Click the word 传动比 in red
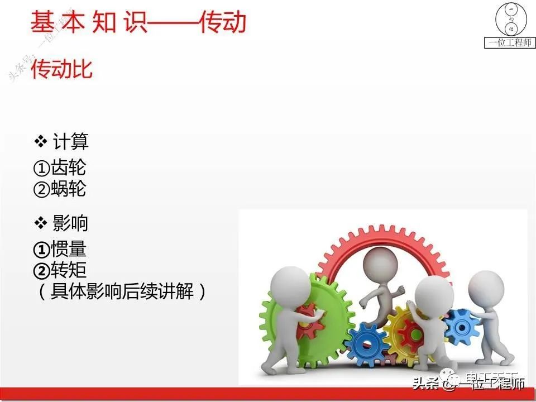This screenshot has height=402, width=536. [62, 70]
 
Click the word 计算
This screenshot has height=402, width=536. [71, 142]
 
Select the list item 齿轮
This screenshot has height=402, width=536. [69, 167]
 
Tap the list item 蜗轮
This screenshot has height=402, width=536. [69, 189]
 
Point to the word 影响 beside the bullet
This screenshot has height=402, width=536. [71, 223]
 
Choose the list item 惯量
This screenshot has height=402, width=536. [69, 249]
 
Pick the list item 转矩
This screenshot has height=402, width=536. [69, 270]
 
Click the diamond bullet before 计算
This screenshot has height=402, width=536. [41, 142]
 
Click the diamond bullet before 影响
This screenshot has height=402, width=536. [41, 223]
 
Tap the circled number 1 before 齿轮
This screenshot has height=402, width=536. [42, 168]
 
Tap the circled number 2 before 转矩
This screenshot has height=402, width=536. [42, 271]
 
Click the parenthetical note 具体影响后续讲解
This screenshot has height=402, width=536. [122, 291]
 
